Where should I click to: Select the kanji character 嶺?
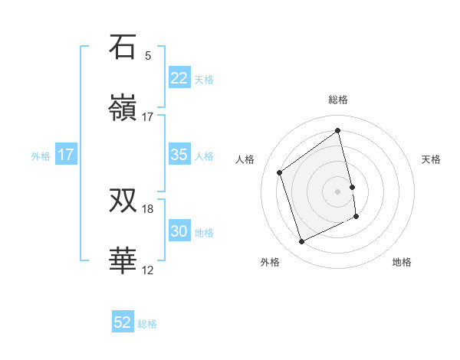123,109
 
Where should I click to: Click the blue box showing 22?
179,78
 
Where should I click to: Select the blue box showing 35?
179,155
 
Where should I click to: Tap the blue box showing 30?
179,231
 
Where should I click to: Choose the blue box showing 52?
123,322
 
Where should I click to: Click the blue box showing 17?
66,155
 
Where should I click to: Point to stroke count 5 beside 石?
148,55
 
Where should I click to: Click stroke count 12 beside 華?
148,270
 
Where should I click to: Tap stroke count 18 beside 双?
148,208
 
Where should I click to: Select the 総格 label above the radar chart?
338,100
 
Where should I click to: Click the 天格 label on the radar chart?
432,159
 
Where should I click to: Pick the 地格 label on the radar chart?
402,262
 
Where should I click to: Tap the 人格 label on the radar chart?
245,159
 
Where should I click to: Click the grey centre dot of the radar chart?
338,191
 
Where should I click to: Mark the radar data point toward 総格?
338,131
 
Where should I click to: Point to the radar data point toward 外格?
301,242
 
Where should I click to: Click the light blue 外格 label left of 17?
41,155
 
